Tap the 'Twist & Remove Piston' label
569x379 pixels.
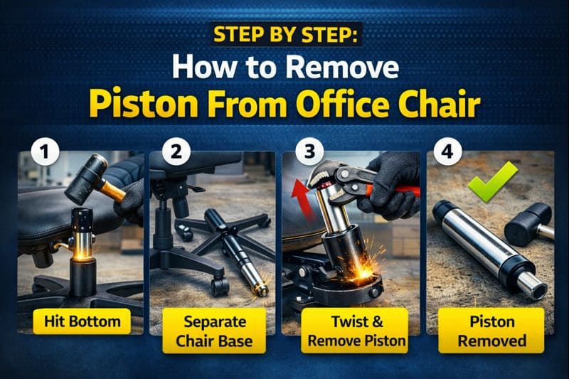click(347, 331)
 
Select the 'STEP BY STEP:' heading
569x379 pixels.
click(284, 35)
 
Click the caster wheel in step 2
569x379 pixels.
click(220, 286)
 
